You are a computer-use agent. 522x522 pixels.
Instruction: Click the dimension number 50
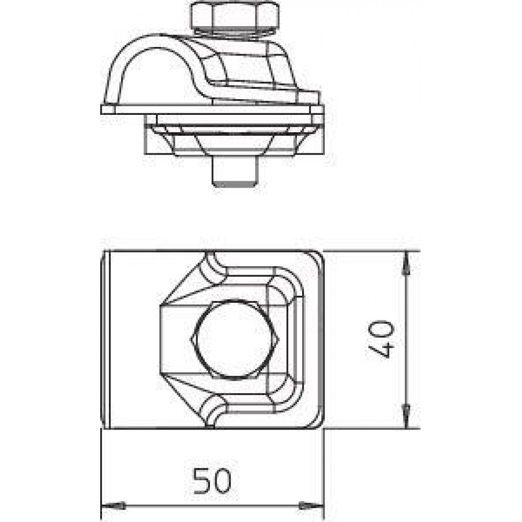click(212, 480)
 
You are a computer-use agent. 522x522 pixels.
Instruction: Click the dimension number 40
click(382, 339)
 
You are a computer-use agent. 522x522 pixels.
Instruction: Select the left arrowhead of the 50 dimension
click(113, 506)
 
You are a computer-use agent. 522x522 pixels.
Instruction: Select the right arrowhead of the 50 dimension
click(311, 506)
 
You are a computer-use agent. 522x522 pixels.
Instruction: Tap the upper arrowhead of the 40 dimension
click(406, 263)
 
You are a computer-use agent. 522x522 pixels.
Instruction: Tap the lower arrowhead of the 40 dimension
click(406, 416)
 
